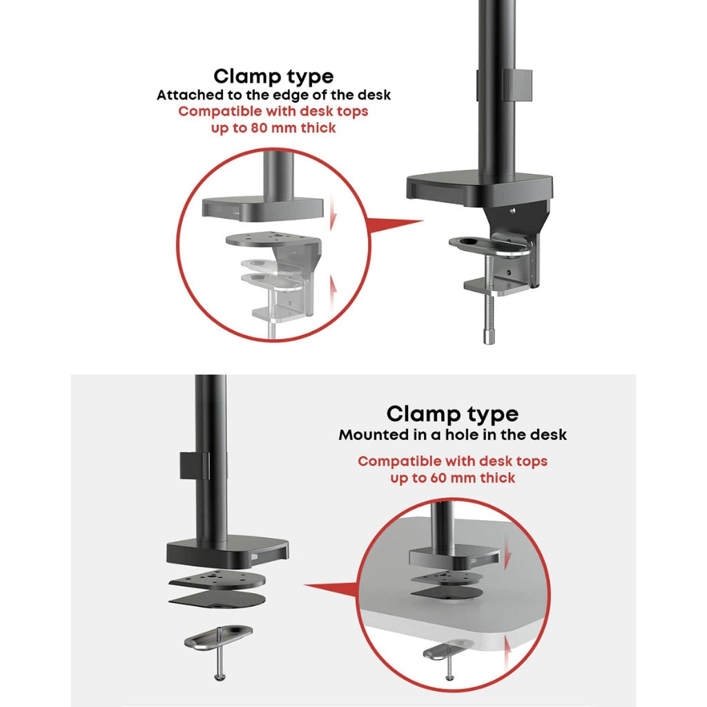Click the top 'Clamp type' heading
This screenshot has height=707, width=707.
point(273,76)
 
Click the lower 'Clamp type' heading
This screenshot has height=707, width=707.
point(452,414)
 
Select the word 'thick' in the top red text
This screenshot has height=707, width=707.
point(319,128)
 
